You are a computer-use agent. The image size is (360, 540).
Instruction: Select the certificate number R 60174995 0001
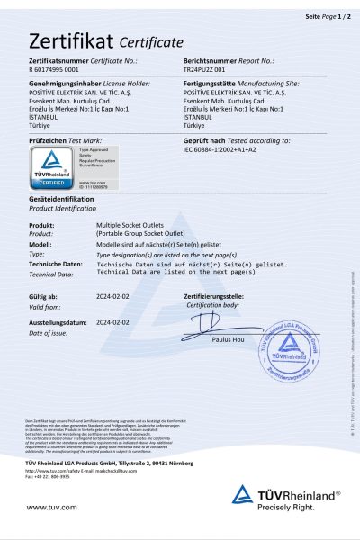[x=54, y=68]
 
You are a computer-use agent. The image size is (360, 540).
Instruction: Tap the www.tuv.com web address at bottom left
[x=48, y=507]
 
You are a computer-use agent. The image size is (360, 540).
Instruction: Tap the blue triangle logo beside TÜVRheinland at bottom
[x=242, y=494]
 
